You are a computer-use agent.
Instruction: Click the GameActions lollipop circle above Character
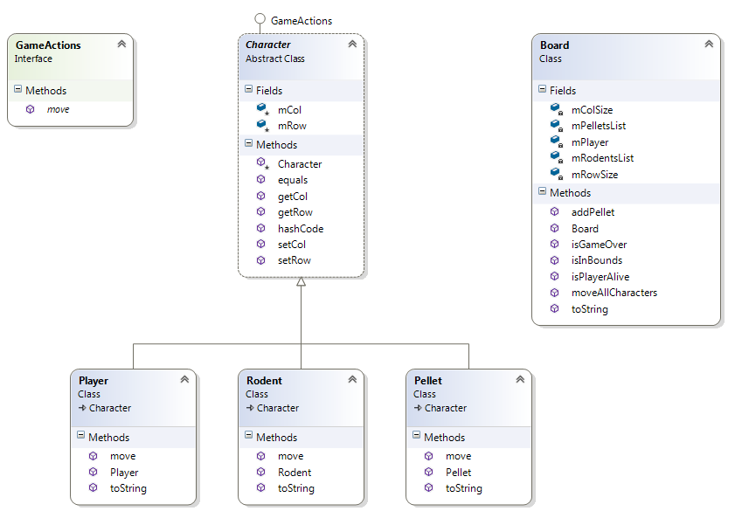[x=260, y=19]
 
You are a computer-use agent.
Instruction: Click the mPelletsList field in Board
[x=598, y=126]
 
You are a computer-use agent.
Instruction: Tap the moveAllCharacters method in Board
[x=614, y=293]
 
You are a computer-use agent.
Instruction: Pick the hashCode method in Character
[x=300, y=228]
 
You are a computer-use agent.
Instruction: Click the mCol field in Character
[x=289, y=110]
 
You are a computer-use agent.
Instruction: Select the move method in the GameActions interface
[x=58, y=109]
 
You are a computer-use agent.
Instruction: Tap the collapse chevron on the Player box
[x=184, y=380]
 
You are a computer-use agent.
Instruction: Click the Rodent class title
[x=264, y=381]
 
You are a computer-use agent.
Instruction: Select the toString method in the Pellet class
[x=463, y=488]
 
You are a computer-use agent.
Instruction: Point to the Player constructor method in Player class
[x=124, y=473]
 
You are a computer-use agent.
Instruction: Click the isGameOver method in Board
[x=599, y=245]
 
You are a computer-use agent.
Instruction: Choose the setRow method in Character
[x=294, y=260]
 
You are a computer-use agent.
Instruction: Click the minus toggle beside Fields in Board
[x=542, y=90]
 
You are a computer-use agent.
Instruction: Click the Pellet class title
[x=428, y=381]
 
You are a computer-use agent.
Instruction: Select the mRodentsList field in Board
[x=602, y=158]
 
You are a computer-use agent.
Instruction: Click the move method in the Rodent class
[x=290, y=456]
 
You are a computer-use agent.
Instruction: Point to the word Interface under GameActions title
[x=34, y=59]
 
